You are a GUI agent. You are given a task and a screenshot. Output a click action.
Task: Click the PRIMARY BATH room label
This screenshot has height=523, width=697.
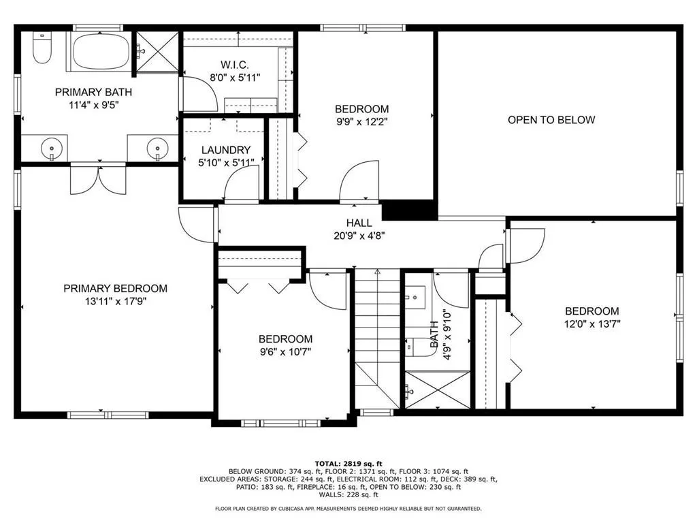93,92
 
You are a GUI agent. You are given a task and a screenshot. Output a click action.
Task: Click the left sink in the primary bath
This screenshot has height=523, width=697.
50,146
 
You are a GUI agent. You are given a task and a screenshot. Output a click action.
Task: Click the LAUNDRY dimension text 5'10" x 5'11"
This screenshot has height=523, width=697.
226,162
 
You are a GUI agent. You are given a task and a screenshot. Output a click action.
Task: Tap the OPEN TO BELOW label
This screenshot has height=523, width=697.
551,120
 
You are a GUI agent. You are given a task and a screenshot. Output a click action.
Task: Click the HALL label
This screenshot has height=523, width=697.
359,223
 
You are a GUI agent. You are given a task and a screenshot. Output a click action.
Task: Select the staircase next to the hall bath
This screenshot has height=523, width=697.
377,337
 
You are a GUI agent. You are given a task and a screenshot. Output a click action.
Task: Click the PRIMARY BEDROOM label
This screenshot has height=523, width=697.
115,289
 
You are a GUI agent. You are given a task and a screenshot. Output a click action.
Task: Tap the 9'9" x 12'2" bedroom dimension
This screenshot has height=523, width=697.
361,123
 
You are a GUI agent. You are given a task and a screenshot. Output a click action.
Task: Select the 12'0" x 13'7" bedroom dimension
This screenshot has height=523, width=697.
591,324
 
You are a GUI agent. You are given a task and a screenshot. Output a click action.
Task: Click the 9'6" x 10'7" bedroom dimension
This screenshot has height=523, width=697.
285,351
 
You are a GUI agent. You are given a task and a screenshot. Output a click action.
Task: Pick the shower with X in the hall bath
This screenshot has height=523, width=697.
437,390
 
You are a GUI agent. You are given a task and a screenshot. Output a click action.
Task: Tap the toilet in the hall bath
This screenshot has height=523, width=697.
417,345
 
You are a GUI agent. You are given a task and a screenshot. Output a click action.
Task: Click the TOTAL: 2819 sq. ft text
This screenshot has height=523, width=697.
348,463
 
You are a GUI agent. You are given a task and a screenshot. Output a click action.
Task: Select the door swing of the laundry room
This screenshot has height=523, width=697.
242,184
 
